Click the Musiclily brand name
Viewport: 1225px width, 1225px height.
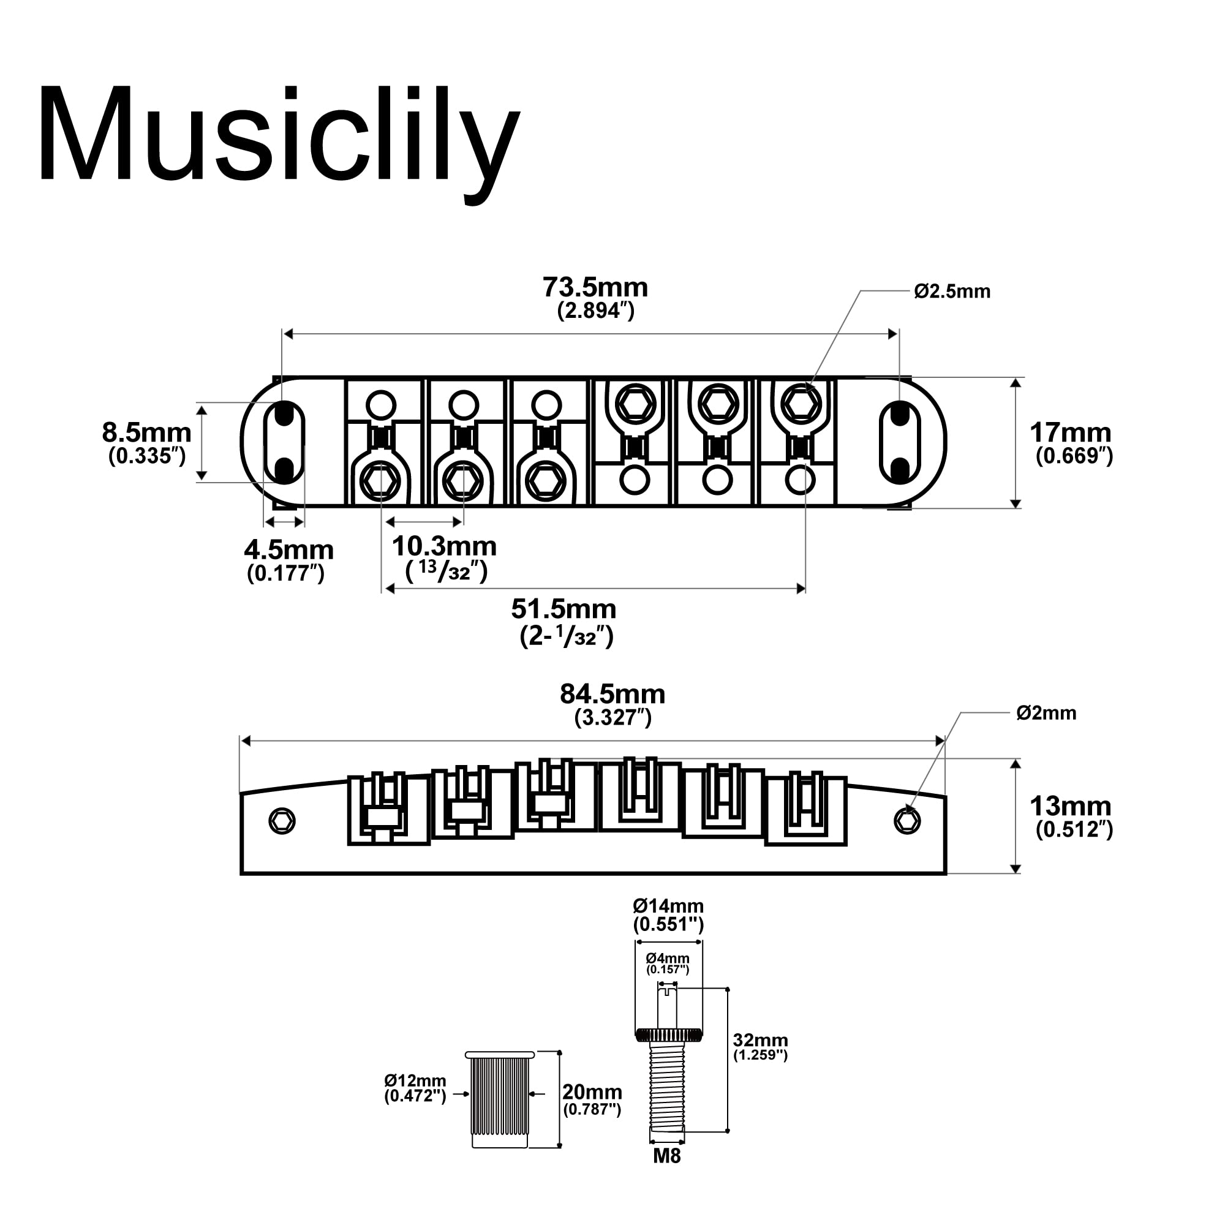[x=279, y=137]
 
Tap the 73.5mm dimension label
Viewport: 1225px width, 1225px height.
[x=595, y=288]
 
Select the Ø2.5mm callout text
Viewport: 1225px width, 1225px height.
[x=952, y=292]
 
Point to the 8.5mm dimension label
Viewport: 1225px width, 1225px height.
[x=146, y=434]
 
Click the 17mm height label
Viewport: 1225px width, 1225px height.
[x=1070, y=434]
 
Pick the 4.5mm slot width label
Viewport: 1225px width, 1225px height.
[x=288, y=551]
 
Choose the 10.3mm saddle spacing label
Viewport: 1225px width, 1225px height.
[x=444, y=546]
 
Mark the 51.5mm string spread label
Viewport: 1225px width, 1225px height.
[x=563, y=609]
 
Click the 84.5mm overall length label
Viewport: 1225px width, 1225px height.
[x=612, y=695]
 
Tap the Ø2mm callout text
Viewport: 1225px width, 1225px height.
[x=1046, y=714]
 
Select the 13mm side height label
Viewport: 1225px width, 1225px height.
[x=1070, y=807]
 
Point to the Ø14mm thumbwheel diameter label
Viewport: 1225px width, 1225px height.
[x=668, y=906]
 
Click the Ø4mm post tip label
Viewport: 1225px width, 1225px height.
[x=668, y=958]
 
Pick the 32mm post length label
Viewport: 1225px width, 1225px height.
[x=760, y=1040]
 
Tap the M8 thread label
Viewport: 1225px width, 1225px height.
[x=667, y=1156]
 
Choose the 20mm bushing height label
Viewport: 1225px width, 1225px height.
[x=592, y=1092]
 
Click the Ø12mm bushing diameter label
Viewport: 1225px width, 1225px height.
[x=415, y=1080]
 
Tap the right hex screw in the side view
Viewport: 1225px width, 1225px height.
[x=907, y=822]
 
